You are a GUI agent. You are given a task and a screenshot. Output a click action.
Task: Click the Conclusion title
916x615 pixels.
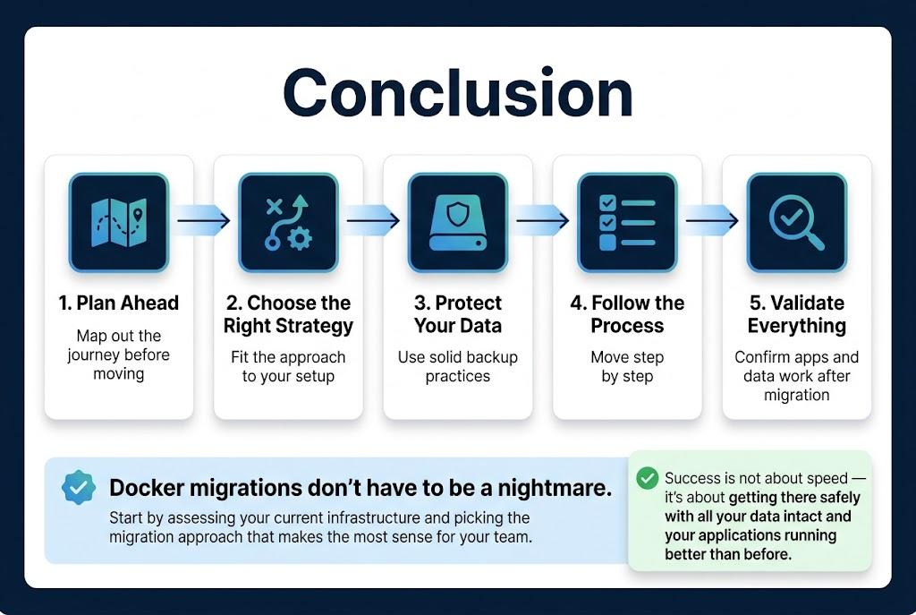[x=458, y=93]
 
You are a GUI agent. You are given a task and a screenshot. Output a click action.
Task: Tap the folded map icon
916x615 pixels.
[x=119, y=223]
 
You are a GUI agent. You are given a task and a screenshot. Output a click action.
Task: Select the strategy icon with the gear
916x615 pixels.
[x=288, y=223]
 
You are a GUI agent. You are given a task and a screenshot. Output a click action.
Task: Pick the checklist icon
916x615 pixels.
[x=627, y=223]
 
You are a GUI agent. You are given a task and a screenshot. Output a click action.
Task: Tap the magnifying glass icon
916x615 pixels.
[x=797, y=223]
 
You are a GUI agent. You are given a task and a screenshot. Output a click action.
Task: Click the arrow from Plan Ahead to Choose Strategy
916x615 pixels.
[x=203, y=220]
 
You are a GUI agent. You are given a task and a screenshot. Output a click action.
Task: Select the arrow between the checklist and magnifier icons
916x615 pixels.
[x=712, y=220]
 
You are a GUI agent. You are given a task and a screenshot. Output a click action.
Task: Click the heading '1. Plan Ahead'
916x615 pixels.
[x=119, y=303]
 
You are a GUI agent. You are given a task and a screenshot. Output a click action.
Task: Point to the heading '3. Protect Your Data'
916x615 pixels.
[x=458, y=314]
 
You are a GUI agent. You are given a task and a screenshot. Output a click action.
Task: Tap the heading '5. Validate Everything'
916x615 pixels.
[x=797, y=314]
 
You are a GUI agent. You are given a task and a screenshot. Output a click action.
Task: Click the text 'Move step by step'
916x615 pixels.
[x=627, y=366]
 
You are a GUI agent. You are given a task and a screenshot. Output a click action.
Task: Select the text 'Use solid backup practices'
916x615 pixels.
[x=458, y=366]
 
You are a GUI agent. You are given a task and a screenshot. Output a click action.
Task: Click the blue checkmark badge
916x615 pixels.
[x=79, y=488]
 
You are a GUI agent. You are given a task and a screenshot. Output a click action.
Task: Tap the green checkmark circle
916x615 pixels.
[x=648, y=478]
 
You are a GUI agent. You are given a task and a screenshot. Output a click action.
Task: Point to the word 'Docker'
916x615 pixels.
[x=146, y=488]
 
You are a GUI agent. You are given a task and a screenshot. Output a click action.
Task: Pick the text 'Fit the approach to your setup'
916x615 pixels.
[x=288, y=366]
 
